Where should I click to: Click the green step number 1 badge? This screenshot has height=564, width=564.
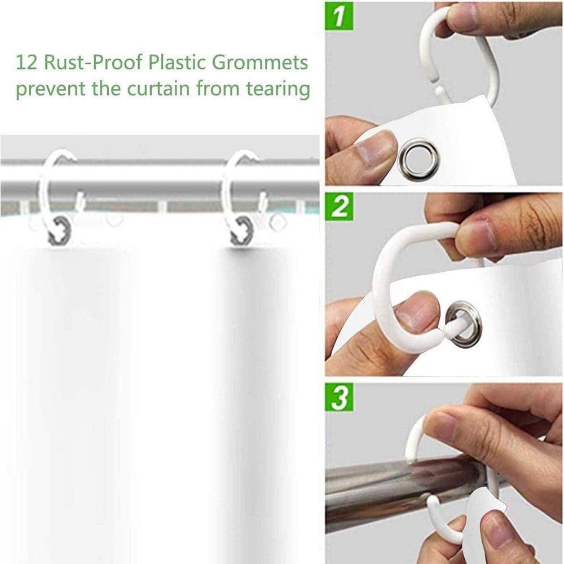tap(339, 16)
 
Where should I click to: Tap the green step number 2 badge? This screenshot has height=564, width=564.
tap(339, 206)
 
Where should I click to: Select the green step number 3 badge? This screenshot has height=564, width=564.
tap(339, 396)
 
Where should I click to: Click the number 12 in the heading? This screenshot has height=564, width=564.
tap(27, 62)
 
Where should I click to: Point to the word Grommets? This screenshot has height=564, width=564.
tap(259, 62)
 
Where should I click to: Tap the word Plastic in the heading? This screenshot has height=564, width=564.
tap(177, 62)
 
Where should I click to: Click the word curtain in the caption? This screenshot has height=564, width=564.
tap(158, 89)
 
